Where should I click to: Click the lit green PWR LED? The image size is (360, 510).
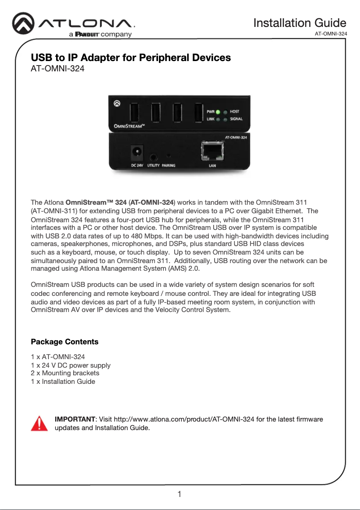(217, 112)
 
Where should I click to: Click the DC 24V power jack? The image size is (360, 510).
(136, 153)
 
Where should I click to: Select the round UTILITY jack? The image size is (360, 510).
(154, 157)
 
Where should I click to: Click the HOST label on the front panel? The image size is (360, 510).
(234, 112)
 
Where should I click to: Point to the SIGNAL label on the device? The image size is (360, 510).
(236, 119)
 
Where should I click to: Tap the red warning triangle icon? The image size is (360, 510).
(39, 423)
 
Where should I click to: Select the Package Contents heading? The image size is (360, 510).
(64, 342)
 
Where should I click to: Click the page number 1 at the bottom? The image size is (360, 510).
(180, 495)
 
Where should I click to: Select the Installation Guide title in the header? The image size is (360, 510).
(299, 23)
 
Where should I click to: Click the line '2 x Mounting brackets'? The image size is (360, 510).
(65, 373)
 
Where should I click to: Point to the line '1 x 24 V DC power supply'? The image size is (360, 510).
(70, 365)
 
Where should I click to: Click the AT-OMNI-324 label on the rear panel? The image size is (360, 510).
(235, 138)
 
